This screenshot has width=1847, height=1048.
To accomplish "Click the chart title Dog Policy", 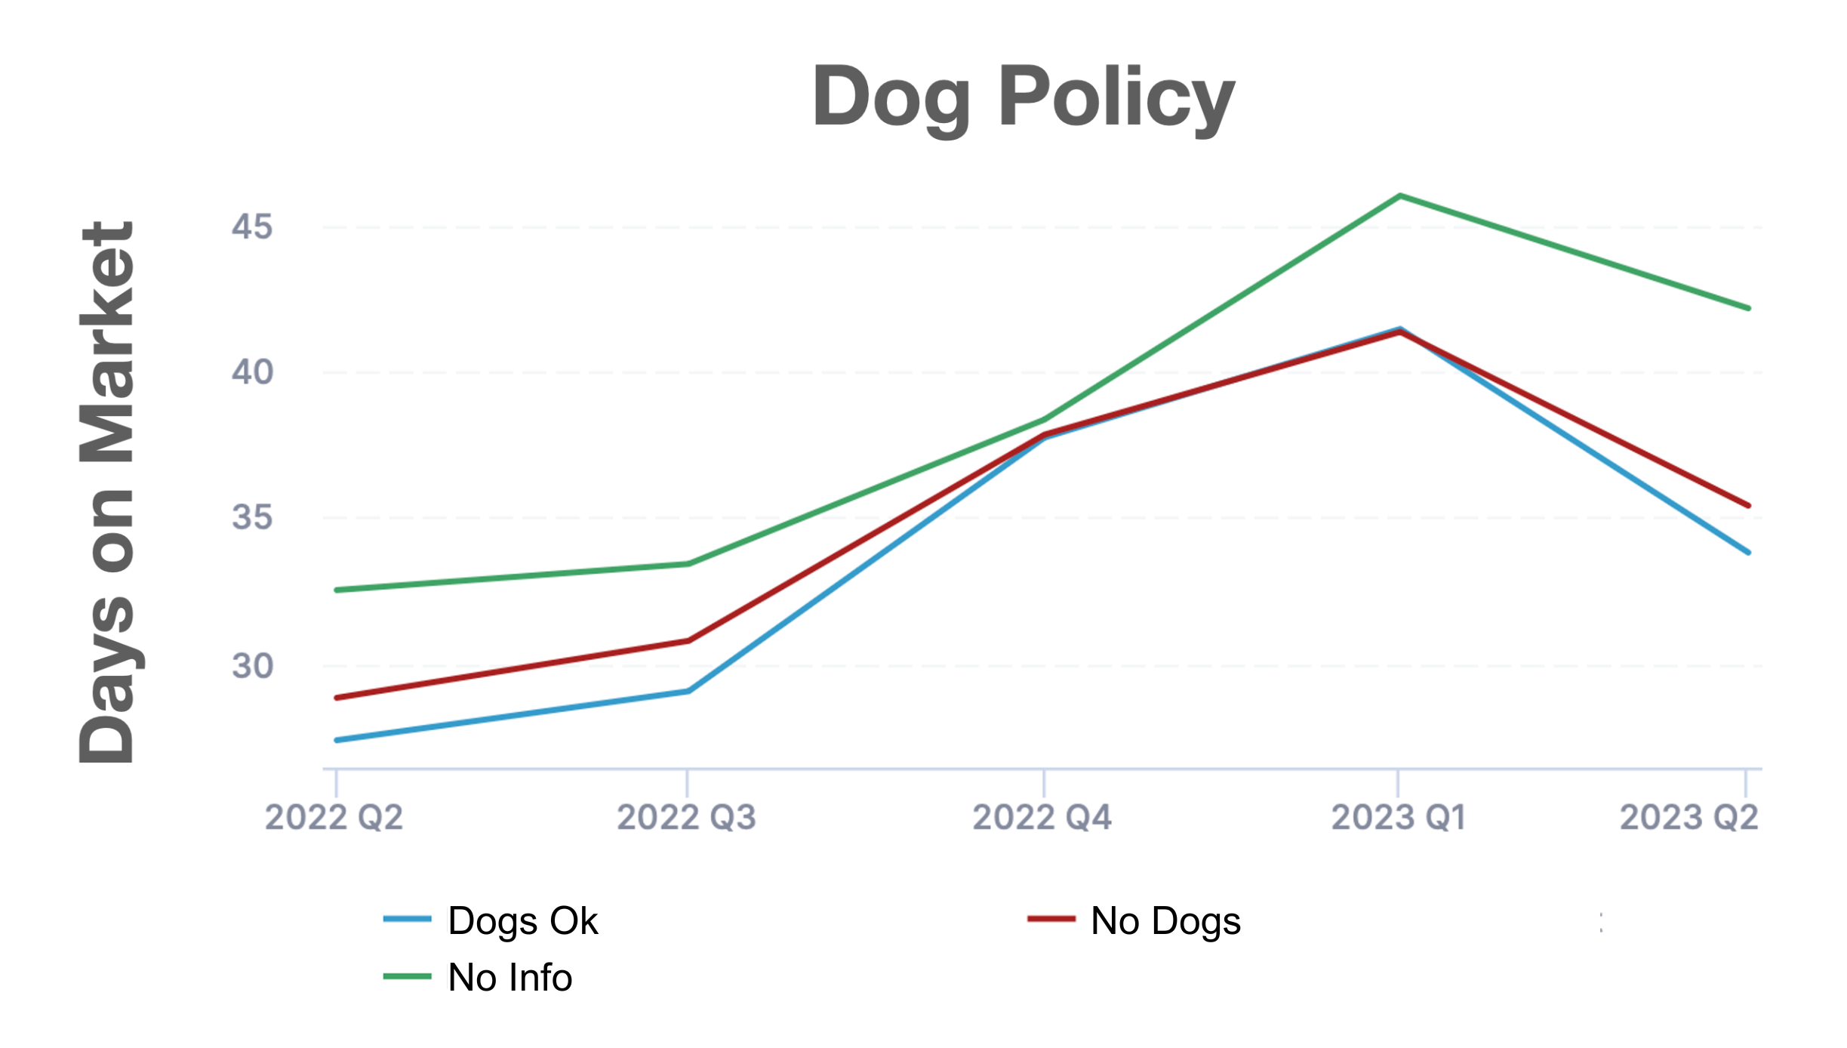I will (1023, 98).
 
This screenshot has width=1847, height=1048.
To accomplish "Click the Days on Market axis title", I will (107, 492).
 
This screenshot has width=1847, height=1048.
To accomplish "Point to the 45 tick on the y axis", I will (252, 227).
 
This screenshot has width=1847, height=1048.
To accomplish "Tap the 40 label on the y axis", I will (252, 372).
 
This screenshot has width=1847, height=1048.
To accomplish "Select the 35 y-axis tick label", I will (252, 518).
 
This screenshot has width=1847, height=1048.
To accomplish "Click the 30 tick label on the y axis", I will (252, 666).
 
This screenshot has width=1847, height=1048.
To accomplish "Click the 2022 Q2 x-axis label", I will (334, 818).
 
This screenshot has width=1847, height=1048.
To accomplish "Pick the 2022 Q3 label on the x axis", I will (686, 818).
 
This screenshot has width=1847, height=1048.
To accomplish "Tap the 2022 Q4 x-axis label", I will (1042, 818).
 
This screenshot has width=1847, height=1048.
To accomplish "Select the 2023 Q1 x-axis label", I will (1398, 818).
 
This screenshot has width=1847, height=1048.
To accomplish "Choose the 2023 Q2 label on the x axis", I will (1689, 818).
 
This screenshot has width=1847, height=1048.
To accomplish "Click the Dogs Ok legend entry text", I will (522, 921).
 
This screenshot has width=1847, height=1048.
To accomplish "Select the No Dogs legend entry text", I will (1165, 921).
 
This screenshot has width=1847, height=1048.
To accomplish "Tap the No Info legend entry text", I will (510, 978).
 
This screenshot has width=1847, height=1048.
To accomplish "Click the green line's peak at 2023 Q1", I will (1400, 196).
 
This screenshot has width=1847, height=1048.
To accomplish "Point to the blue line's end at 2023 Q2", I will (1748, 552).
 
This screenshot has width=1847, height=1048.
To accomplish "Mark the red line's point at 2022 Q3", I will (688, 641).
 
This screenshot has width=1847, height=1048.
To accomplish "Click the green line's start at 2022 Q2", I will (337, 590).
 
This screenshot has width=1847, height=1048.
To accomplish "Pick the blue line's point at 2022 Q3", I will (688, 691).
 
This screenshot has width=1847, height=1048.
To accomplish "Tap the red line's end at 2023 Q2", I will (1748, 505).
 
